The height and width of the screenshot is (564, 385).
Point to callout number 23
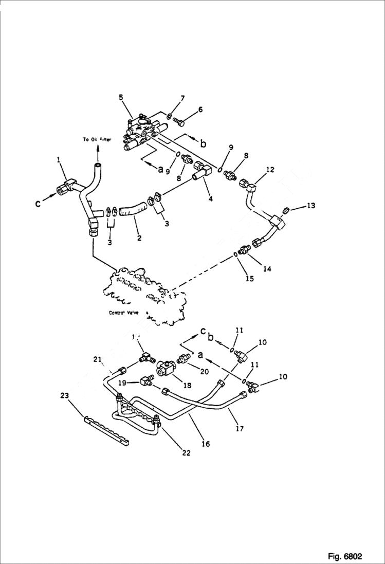[64, 395]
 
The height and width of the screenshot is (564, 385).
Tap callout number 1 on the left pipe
[59, 160]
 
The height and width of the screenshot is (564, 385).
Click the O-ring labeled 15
[236, 253]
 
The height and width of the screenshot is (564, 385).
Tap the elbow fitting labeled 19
[145, 381]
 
